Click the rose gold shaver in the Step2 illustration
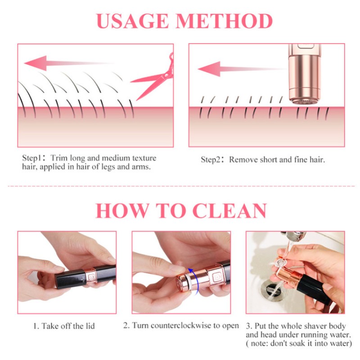point(301,74)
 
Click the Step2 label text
point(212,160)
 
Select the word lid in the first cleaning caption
point(90,326)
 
